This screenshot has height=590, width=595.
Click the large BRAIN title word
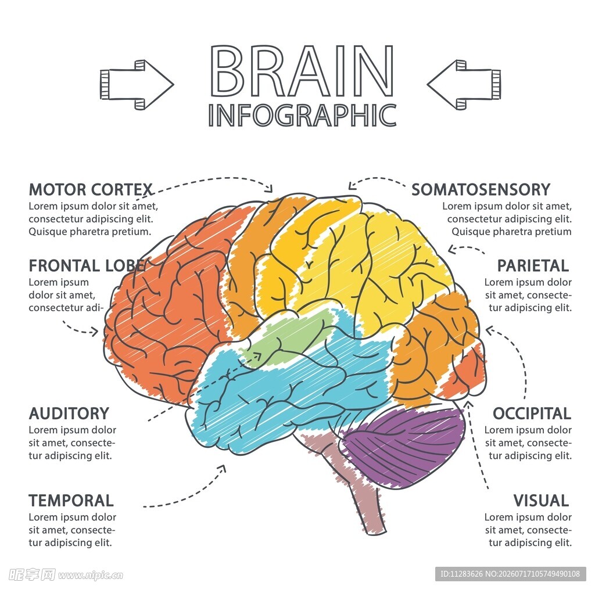click(x=302, y=71)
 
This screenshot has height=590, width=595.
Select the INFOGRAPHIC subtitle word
click(x=302, y=115)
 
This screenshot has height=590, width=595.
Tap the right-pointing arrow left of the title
click(x=137, y=85)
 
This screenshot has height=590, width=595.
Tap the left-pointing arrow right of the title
click(x=464, y=85)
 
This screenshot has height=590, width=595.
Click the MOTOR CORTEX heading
click(x=91, y=189)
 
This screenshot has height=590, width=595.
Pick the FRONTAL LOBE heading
click(x=87, y=266)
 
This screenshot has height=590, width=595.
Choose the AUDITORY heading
click(x=69, y=413)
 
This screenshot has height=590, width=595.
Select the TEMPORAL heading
click(x=71, y=501)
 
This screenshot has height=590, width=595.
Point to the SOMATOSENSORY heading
click(x=481, y=189)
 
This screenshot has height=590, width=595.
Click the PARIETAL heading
click(x=533, y=266)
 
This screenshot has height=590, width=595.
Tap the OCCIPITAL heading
click(x=532, y=413)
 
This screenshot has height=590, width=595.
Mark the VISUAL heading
click(x=541, y=501)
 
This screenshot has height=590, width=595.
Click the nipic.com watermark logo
click(x=66, y=575)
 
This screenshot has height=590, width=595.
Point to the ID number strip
click(x=510, y=574)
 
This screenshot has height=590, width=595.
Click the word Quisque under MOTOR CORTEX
click(x=46, y=232)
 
